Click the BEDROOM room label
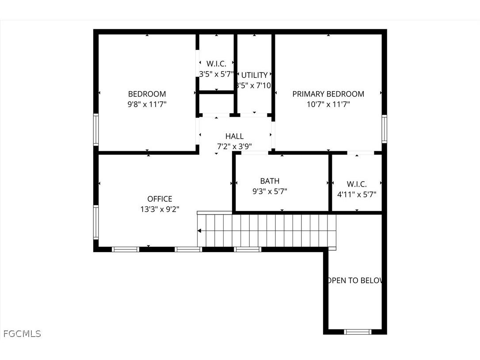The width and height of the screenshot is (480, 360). (147, 94)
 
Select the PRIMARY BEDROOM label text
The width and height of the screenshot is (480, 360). (328, 94)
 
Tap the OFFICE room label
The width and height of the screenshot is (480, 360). (160, 199)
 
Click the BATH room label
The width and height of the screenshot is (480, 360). (270, 181)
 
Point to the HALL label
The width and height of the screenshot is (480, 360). (234, 136)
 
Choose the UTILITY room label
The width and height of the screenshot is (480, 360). (254, 75)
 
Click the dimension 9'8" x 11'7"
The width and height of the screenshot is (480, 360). (147, 105)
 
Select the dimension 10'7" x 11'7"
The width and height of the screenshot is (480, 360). (328, 105)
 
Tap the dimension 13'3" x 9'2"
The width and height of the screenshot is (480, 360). (160, 210)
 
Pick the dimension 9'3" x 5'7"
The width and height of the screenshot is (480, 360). (270, 191)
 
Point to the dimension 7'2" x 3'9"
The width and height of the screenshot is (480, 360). (234, 147)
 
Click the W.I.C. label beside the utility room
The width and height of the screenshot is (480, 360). (216, 64)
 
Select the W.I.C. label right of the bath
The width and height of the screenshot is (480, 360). (356, 184)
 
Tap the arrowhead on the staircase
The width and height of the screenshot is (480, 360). (200, 230)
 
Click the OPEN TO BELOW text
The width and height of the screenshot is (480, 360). (355, 280)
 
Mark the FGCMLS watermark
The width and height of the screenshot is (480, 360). (22, 333)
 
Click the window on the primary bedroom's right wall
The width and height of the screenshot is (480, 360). (384, 129)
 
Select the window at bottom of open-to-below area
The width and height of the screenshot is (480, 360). (358, 331)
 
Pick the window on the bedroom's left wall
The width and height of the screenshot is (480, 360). (95, 129)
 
